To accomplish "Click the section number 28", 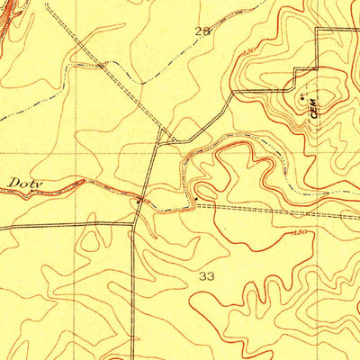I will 202,31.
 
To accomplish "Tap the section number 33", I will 208,276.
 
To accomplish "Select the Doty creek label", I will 24,183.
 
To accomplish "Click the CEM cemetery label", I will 314,107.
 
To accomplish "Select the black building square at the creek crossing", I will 139,201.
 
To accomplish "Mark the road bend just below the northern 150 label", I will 235,92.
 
